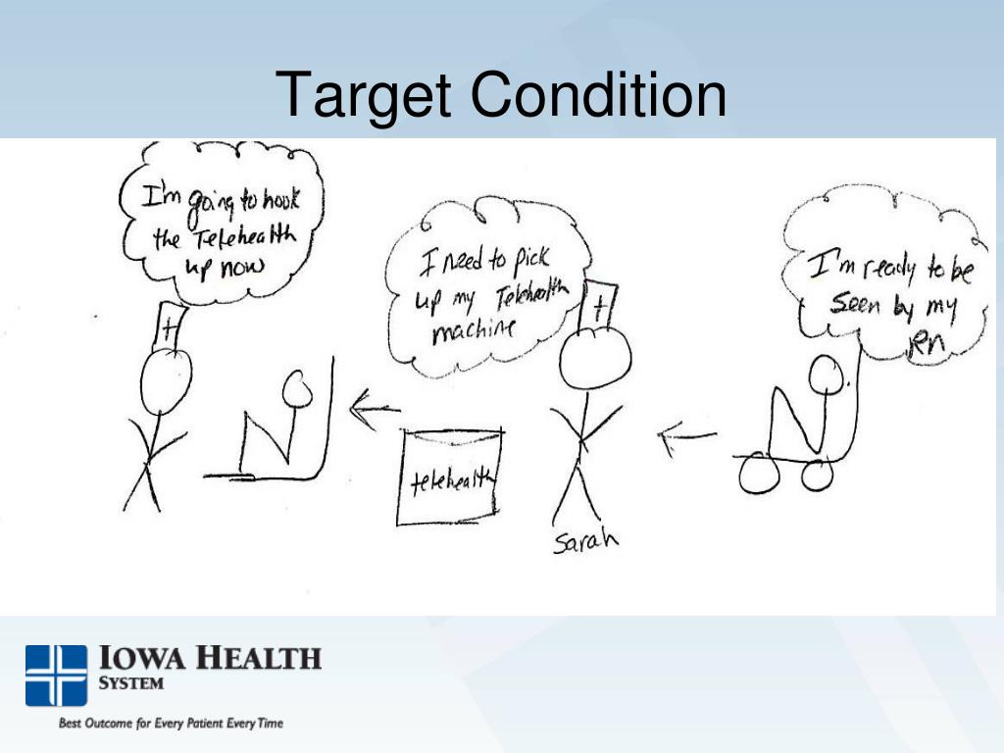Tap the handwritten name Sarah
click(x=585, y=541)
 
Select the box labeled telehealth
click(x=450, y=477)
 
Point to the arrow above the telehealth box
click(x=374, y=409)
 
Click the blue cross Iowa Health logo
click(x=56, y=675)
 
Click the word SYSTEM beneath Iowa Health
click(x=131, y=682)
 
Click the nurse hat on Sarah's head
click(x=598, y=307)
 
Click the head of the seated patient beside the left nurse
click(x=297, y=390)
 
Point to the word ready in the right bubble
click(x=881, y=267)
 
